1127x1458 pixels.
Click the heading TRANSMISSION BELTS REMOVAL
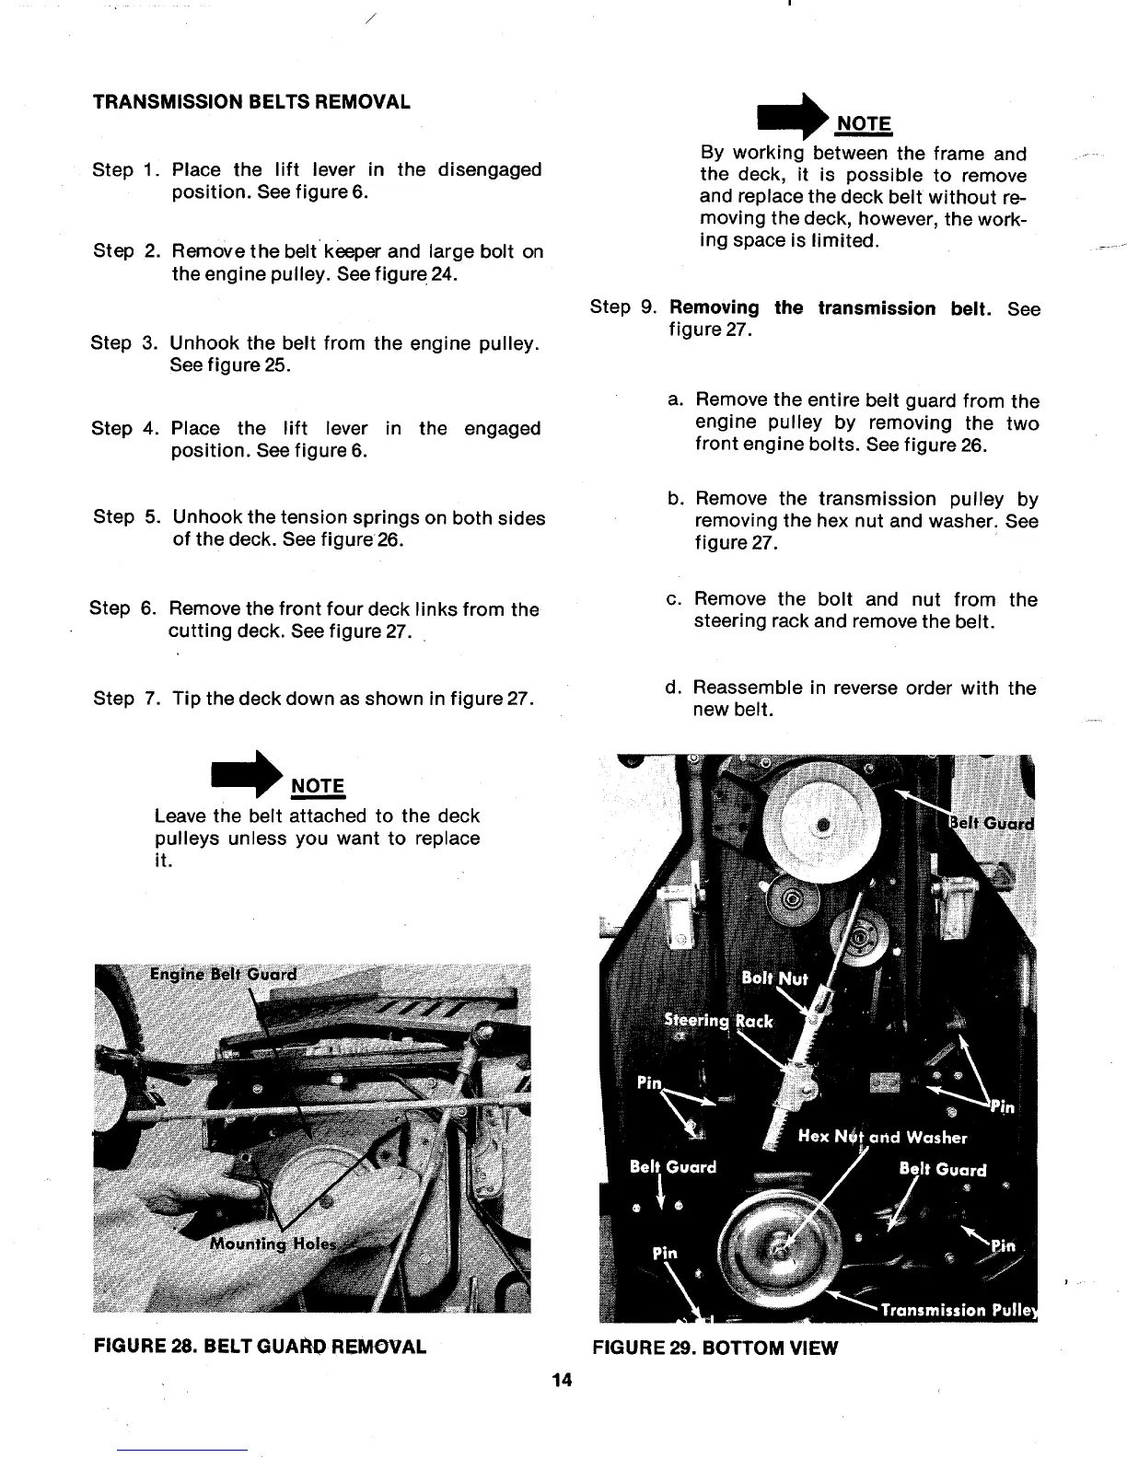pyautogui.click(x=251, y=101)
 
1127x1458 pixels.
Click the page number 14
pyautogui.click(x=562, y=1379)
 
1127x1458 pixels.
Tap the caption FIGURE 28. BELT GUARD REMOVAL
pyautogui.click(x=260, y=1347)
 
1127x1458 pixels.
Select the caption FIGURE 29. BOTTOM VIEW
pyautogui.click(x=715, y=1348)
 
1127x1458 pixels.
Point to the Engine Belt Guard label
pyautogui.click(x=225, y=975)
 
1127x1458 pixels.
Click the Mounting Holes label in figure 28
pyautogui.click(x=273, y=1244)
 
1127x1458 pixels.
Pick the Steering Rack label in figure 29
pyautogui.click(x=719, y=1021)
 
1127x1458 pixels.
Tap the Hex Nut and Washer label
pyautogui.click(x=882, y=1137)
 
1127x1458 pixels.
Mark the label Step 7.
pyautogui.click(x=126, y=699)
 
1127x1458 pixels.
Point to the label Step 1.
pyautogui.click(x=126, y=170)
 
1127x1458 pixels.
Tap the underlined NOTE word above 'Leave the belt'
pyautogui.click(x=318, y=786)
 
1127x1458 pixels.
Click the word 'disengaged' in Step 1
pyautogui.click(x=489, y=170)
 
